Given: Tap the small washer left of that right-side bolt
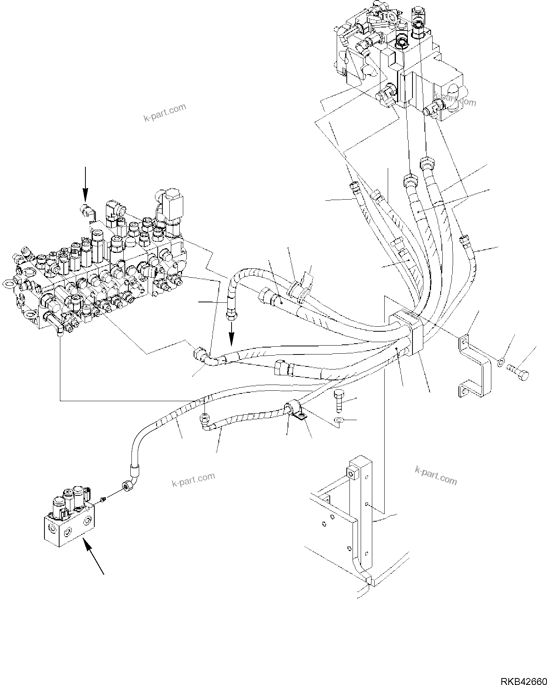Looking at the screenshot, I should [x=500, y=363].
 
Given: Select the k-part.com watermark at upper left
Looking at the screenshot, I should [x=165, y=112].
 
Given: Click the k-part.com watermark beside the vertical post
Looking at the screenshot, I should [x=436, y=475].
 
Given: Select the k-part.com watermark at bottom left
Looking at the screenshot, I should [x=193, y=480].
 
